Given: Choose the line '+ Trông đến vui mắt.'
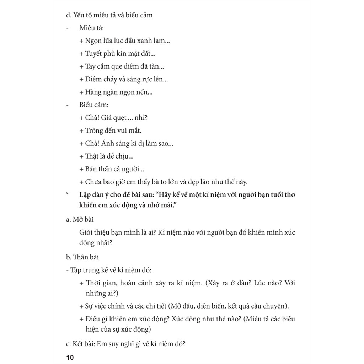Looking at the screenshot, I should click(111, 131).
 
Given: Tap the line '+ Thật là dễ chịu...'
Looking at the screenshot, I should click(107, 156).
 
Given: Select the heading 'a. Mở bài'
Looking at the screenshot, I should click(80, 220).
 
